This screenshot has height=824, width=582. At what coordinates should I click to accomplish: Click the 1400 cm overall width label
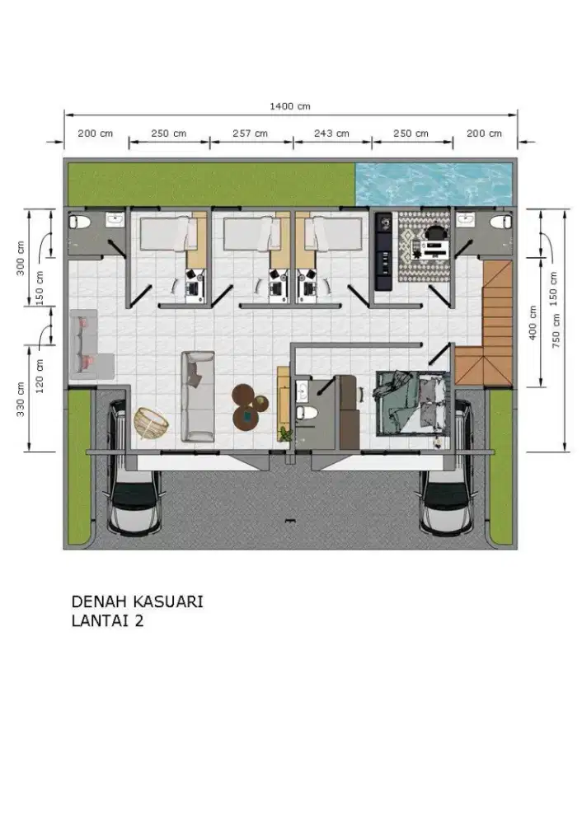289,106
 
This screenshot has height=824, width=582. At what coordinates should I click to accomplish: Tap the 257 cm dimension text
251,133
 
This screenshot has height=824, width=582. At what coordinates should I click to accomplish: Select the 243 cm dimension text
331,133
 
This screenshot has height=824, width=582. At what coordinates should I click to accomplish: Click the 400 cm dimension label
533,323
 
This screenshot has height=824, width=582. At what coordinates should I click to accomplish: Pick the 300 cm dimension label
21,258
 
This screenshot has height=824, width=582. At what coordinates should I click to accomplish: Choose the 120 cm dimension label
40,377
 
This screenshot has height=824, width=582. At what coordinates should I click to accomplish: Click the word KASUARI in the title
168,602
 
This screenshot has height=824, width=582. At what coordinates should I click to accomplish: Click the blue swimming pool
434,184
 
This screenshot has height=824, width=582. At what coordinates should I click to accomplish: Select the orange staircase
484,323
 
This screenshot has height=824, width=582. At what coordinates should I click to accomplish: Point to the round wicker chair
152,423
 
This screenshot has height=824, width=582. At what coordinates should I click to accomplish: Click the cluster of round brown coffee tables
249,406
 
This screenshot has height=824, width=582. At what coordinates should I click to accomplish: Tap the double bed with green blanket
411,403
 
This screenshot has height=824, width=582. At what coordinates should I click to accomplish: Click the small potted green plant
286,434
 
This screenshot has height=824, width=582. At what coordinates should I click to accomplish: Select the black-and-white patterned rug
425,246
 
